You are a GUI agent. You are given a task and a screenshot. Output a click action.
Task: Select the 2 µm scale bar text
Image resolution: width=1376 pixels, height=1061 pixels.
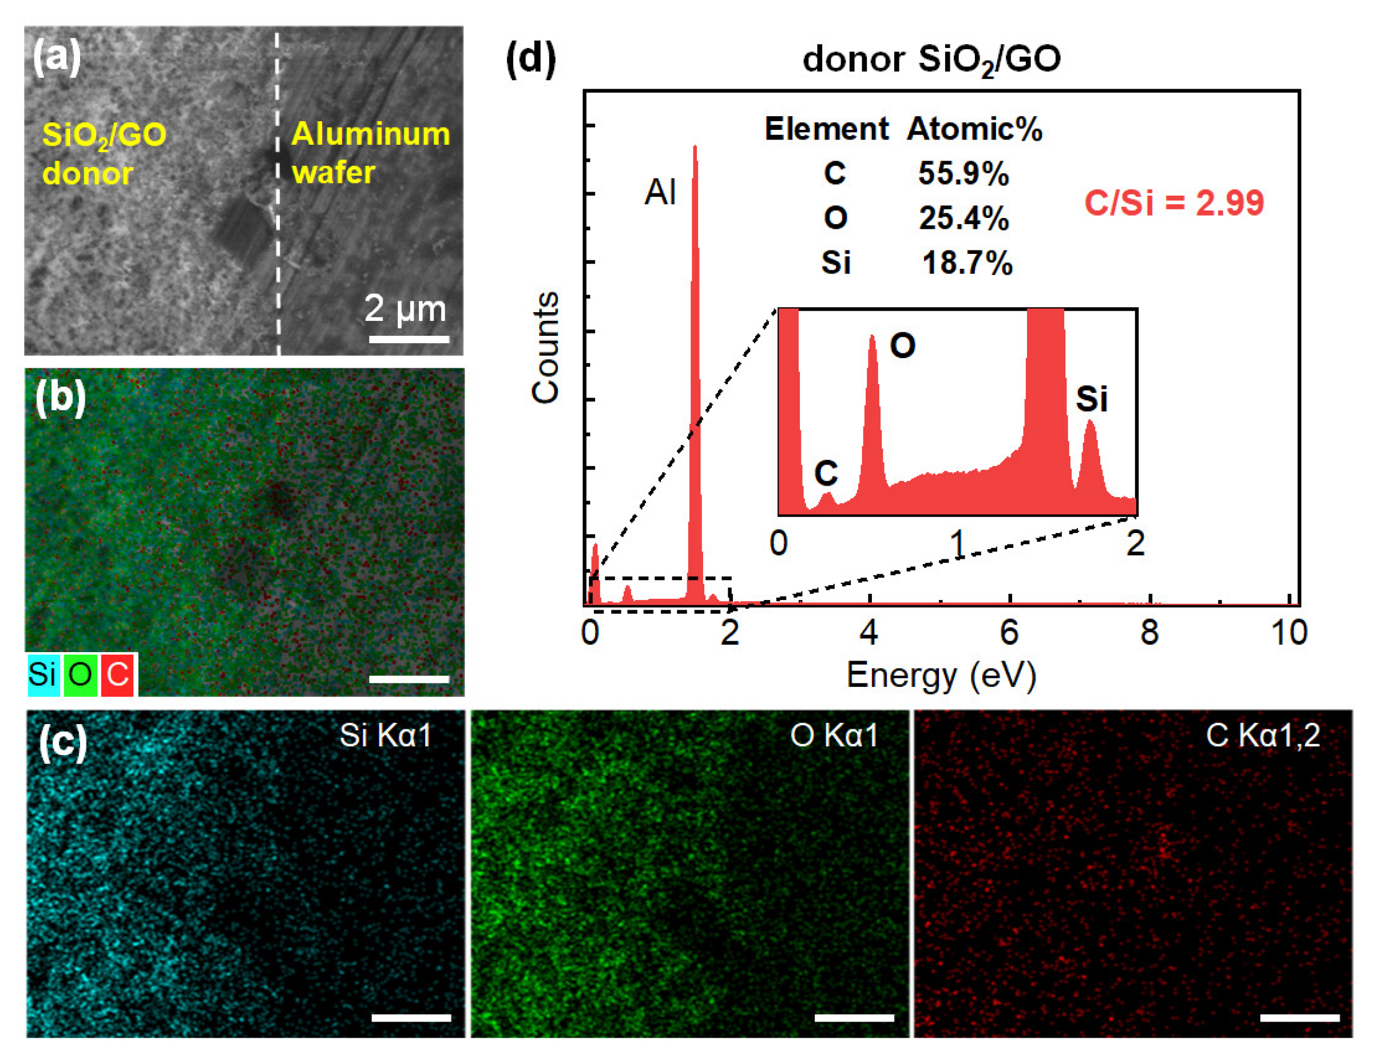click(405, 308)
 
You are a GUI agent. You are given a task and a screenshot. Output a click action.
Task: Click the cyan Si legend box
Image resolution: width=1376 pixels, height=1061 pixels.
click(43, 675)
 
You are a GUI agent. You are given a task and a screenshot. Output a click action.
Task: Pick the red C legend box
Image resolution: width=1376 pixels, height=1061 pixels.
click(118, 675)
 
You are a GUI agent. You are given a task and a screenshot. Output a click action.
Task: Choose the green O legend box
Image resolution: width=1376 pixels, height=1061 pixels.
click(81, 675)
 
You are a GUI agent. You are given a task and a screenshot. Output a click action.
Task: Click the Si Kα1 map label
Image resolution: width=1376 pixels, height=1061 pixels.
click(385, 735)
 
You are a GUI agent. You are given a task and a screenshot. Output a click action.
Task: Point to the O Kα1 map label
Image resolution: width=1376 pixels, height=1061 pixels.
click(834, 735)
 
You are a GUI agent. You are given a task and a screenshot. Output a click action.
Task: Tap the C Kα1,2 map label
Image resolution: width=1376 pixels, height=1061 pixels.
click(1263, 735)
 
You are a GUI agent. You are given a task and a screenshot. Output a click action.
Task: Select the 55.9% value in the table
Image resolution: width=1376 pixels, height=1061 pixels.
click(963, 173)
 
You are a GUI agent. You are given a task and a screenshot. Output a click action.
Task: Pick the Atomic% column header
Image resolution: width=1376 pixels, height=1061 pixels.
click(974, 129)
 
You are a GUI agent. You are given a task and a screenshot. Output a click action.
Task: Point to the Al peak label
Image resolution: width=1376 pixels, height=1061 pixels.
click(660, 192)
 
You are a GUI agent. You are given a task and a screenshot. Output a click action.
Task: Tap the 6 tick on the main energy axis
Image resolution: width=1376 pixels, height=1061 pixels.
click(1009, 631)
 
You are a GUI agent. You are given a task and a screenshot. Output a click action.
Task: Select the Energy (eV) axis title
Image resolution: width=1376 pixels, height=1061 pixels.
click(941, 675)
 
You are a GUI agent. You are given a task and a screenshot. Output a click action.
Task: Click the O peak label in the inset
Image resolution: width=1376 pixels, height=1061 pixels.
click(902, 345)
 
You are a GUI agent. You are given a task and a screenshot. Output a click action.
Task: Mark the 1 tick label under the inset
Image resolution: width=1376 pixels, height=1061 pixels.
click(957, 542)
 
